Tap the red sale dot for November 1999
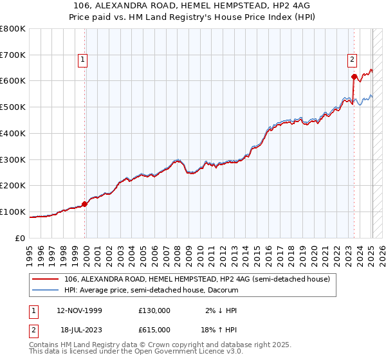pyautogui.click(x=84, y=204)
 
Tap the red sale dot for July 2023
pyautogui.click(x=354, y=77)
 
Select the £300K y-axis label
pyautogui.click(x=14, y=159)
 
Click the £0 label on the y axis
pyautogui.click(x=20, y=238)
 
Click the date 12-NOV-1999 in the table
pyautogui.click(x=78, y=310)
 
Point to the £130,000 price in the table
pyautogui.click(x=154, y=310)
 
